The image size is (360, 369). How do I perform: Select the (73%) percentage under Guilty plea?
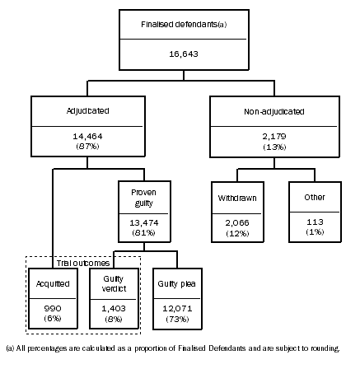[172, 317]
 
